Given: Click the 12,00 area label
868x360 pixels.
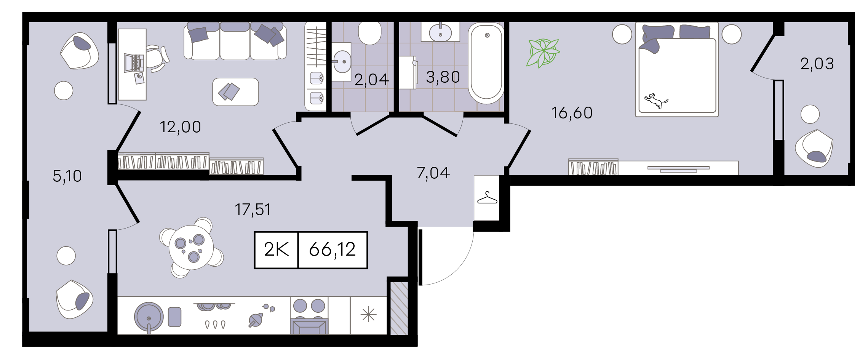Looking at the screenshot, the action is point(180,127).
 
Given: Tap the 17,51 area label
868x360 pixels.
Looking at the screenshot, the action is point(253,210).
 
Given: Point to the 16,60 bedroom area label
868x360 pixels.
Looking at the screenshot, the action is point(572,113).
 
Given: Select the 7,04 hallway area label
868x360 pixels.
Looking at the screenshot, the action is point(433,173).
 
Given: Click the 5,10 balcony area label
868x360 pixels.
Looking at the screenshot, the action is point(67,176).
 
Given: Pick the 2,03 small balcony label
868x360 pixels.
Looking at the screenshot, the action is point(817,64).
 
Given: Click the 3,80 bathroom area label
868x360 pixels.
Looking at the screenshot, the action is point(443,77).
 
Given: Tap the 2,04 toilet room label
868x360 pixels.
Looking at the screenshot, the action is point(371,80).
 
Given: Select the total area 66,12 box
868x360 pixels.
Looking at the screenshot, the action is point(332,250).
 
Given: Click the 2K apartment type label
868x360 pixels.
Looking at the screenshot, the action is point(277,250).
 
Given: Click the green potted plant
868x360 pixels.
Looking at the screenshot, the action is point(543,53).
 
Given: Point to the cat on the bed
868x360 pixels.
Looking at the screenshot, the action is point(656,101).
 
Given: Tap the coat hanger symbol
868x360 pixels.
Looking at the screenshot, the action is point(487,198).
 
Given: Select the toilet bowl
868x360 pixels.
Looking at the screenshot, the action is point(369,33).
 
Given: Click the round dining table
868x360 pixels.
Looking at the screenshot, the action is point(191,248).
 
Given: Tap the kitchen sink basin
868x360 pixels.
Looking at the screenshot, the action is point(149,317).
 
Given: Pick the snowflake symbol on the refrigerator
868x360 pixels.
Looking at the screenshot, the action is point(368,315).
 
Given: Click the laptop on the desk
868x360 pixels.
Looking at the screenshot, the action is point(134,63).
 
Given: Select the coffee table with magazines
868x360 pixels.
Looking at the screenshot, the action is point(235,92).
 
